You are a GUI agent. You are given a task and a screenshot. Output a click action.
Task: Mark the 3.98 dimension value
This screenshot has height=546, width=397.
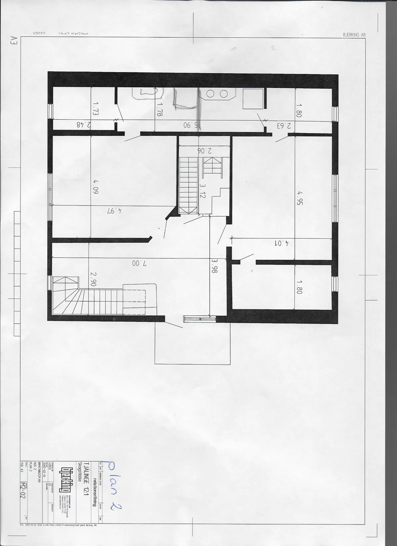pyautogui.click(x=215, y=265)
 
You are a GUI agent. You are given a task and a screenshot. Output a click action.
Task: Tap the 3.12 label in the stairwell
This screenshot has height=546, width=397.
pyautogui.click(x=202, y=191)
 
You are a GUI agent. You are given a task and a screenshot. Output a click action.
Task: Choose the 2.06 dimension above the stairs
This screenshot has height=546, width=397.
pyautogui.click(x=204, y=151)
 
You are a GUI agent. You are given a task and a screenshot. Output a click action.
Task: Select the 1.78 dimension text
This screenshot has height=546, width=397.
pyautogui.click(x=160, y=109)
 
